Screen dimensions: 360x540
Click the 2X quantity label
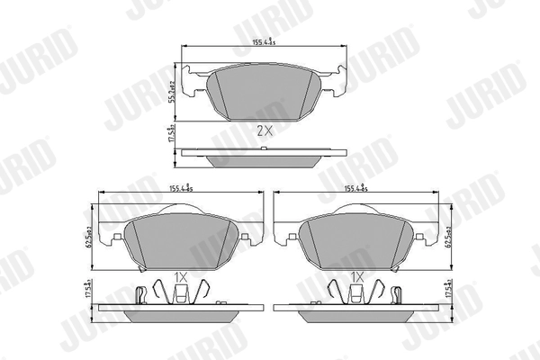click(264, 130)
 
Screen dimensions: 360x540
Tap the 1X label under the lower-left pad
click(179, 276)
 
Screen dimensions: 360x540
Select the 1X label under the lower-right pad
click(356, 276)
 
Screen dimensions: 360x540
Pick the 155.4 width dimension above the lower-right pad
click(358, 189)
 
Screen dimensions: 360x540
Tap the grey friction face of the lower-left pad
click(179, 241)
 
